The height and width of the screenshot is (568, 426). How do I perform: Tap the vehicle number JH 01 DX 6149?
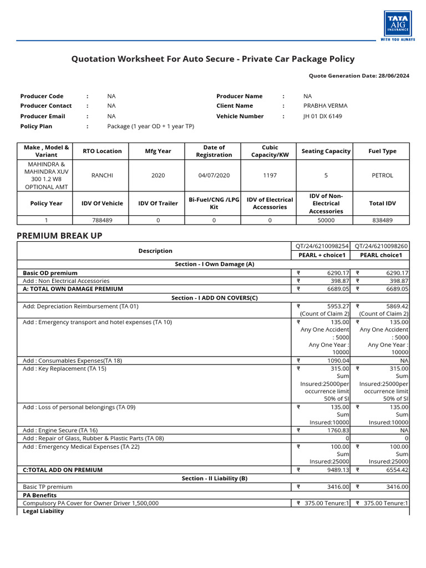(x=322, y=116)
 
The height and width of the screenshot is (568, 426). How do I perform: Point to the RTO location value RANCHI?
(x=102, y=175)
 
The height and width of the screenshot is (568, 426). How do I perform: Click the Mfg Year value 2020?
(x=158, y=175)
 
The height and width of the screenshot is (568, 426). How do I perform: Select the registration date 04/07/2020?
(x=214, y=175)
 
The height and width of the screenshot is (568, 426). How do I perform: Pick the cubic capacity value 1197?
(x=270, y=175)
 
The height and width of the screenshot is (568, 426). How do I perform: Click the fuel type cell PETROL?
(x=382, y=175)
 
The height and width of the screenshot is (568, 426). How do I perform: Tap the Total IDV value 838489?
(x=382, y=220)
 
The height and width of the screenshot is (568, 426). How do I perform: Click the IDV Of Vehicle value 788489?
(x=102, y=220)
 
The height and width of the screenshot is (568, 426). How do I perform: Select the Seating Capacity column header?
(x=326, y=151)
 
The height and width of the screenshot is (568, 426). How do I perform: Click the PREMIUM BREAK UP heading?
(x=59, y=236)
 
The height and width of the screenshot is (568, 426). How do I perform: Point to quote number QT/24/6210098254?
(x=321, y=246)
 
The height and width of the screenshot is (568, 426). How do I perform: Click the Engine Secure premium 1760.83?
(x=338, y=430)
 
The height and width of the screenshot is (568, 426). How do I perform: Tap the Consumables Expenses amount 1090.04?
(x=338, y=361)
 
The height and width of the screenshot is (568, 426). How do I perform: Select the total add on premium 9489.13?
(x=338, y=470)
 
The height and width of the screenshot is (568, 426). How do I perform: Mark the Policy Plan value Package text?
(x=150, y=126)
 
